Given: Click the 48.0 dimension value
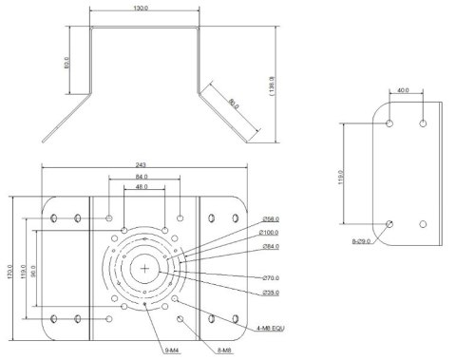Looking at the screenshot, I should [140, 189].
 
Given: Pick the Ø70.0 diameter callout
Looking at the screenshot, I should [271, 277].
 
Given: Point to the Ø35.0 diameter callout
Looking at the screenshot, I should [271, 292].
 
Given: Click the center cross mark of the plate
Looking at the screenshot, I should [143, 269].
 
